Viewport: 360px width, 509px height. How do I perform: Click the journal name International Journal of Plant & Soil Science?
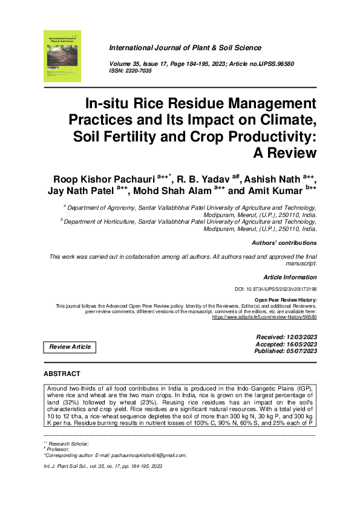[185, 48]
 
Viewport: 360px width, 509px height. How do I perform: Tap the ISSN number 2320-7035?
[139, 71]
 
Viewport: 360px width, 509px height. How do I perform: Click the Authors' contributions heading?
[283, 243]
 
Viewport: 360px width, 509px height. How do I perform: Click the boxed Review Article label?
[70, 347]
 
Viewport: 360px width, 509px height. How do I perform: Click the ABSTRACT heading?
[62, 374]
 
